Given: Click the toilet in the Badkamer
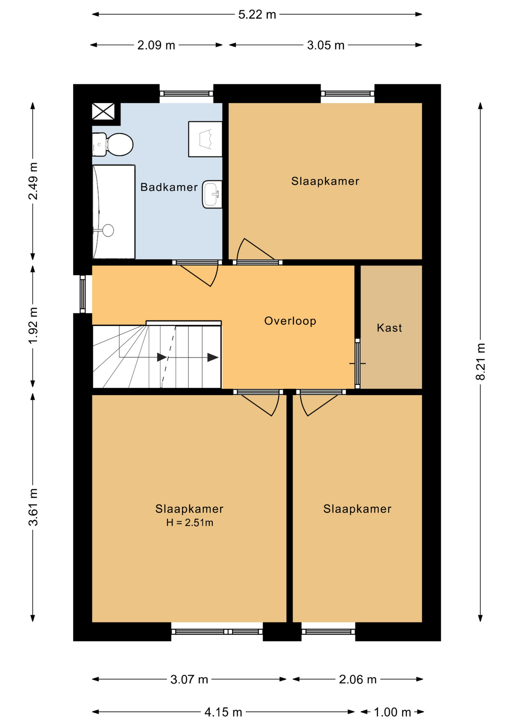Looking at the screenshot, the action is click(x=113, y=144).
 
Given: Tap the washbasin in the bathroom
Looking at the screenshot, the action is click(x=212, y=194).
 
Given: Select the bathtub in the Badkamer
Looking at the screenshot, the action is click(x=114, y=212).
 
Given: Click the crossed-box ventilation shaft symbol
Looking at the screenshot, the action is click(x=103, y=112).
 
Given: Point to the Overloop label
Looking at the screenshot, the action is click(x=290, y=321).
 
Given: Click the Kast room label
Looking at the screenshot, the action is click(x=389, y=328).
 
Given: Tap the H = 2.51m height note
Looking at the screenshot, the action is click(x=190, y=523).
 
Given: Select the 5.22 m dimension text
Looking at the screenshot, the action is click(x=257, y=15).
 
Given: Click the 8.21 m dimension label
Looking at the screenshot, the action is click(x=481, y=361).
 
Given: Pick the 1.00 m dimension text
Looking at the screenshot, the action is click(x=392, y=712).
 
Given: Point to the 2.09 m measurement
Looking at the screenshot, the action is click(x=156, y=45).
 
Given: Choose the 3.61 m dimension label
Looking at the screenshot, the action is click(x=33, y=507).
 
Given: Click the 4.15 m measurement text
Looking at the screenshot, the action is click(x=223, y=712).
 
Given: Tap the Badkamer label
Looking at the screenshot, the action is click(x=169, y=187).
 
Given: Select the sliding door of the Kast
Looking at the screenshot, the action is click(x=357, y=363).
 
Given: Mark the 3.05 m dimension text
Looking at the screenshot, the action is click(x=326, y=45).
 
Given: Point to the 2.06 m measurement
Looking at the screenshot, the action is click(x=358, y=679).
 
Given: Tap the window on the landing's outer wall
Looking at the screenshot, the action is click(x=83, y=294).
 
